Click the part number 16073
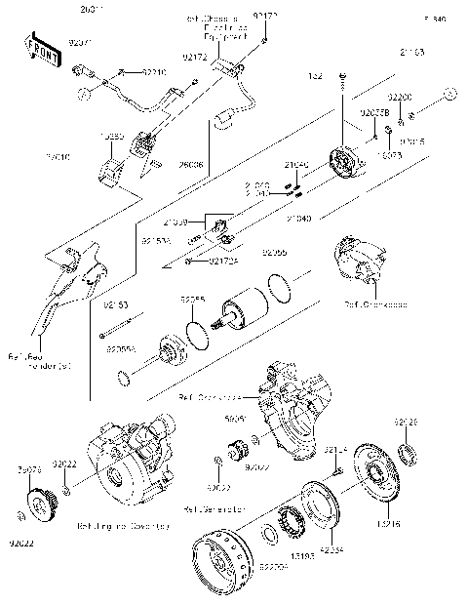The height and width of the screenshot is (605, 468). pyautogui.click(x=389, y=154)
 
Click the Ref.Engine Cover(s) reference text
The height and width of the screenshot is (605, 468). pyautogui.click(x=122, y=525)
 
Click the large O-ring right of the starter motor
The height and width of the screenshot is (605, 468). pyautogui.click(x=278, y=289)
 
